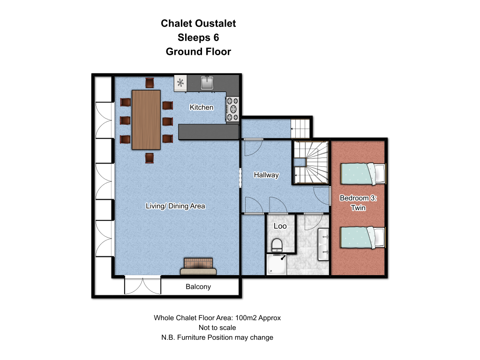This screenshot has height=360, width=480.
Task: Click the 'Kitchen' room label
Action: (202, 107)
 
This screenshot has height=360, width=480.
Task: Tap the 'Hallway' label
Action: (266, 175)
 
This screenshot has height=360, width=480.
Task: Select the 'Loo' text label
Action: (280, 226)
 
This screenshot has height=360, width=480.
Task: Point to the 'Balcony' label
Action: (198, 287)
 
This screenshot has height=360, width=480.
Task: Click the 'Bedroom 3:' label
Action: (358, 198)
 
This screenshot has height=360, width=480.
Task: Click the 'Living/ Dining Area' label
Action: (175, 206)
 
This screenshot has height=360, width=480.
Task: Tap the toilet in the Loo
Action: (277, 245)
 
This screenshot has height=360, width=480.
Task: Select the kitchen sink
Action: (207, 83)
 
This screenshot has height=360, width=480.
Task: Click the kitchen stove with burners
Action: (232, 109)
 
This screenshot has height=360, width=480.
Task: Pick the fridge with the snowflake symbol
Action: (180, 83)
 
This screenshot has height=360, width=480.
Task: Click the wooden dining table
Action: (146, 120)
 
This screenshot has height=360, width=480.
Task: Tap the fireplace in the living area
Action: (198, 266)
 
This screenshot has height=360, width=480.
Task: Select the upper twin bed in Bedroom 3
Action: (363, 174)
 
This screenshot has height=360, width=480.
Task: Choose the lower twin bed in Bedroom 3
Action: (363, 238)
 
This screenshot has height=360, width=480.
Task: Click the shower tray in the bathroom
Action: (277, 265)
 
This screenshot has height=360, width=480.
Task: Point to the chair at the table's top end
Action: (150, 83)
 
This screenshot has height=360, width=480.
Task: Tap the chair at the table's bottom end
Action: (150, 158)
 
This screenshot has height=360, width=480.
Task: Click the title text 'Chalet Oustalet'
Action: (198, 23)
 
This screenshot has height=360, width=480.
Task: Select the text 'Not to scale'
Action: (217, 328)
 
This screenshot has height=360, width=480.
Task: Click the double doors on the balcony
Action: (142, 285)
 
